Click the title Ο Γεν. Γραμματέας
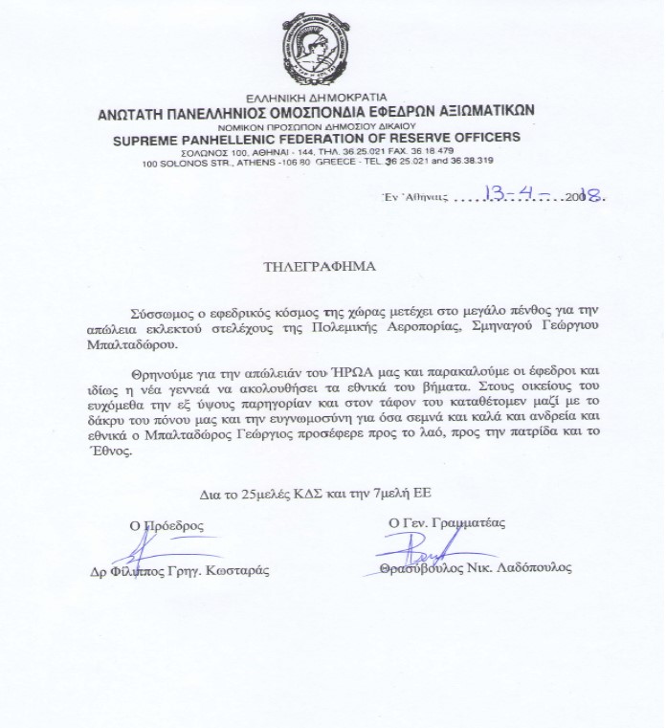point(447,522)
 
